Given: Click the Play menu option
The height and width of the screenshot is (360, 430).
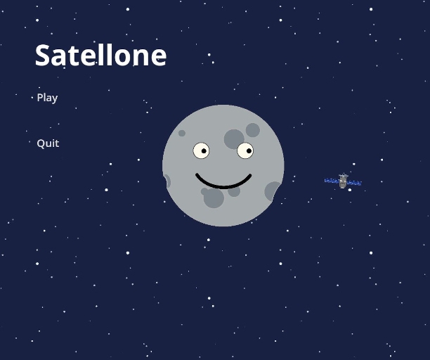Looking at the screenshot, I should click(x=47, y=98).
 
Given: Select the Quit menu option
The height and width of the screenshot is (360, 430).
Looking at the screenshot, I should click(x=48, y=143).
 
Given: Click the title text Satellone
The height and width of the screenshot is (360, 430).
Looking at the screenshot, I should click(x=100, y=56).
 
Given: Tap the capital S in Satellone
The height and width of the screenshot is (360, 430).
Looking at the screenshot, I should click(x=44, y=56).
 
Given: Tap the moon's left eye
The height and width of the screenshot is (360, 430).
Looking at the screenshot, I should click(x=201, y=150).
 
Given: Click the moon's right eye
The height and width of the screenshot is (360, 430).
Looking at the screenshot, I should click(x=245, y=150).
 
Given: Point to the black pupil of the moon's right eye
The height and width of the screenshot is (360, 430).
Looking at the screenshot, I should click(x=249, y=150).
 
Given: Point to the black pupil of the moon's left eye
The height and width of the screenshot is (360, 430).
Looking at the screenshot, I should click(x=204, y=150).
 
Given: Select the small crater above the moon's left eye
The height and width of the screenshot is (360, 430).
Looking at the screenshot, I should click(x=182, y=133).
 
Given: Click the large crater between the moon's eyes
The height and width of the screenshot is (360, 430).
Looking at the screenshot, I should click(x=233, y=139).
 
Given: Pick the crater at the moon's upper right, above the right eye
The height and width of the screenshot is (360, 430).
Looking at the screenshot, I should click(x=253, y=130).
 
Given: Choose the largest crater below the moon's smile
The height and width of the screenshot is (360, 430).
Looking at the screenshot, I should click(x=214, y=198).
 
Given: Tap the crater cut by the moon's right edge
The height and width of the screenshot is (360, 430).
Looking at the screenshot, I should click(x=273, y=191).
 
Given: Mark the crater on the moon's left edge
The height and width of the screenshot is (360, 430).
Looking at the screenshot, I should click(x=166, y=181).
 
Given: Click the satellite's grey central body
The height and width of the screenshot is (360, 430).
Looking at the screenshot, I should click(x=343, y=183).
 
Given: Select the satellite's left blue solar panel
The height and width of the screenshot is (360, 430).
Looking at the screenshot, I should click(x=332, y=181).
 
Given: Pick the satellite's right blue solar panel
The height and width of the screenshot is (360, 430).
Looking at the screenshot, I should click(x=354, y=184).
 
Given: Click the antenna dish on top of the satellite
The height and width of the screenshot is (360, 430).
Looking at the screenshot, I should click(x=344, y=176).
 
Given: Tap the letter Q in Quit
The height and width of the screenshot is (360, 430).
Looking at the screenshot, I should click(x=41, y=143).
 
